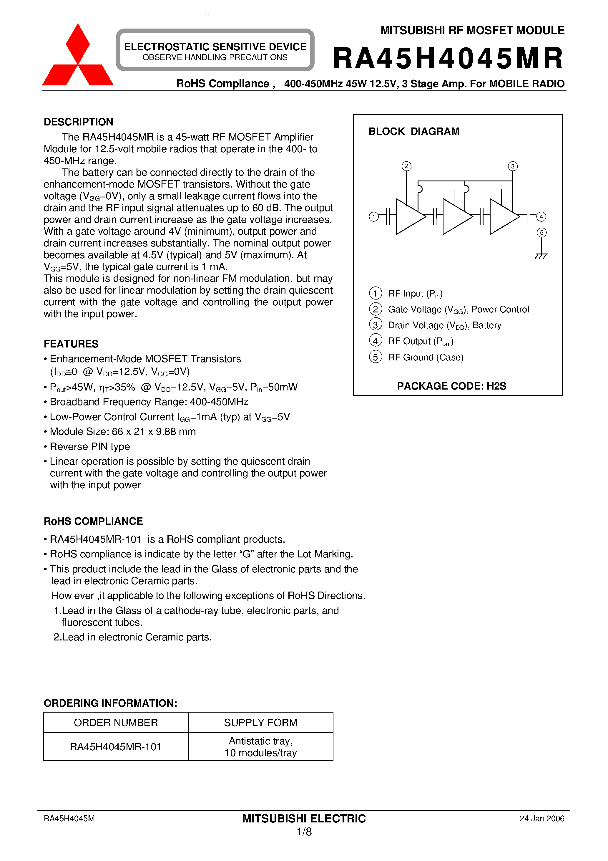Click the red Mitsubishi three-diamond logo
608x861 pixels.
(x=78, y=56)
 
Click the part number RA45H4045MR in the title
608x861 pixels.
(x=448, y=59)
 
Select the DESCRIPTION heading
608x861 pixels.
(x=78, y=122)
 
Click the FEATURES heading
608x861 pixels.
(x=71, y=344)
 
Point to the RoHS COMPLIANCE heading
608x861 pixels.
(x=93, y=521)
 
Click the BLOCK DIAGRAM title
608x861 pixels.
(x=414, y=131)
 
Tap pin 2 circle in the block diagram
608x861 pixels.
(x=406, y=166)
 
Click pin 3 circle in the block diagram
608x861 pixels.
(x=512, y=166)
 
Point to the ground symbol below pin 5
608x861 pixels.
(x=541, y=256)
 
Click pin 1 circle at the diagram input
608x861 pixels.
(x=373, y=217)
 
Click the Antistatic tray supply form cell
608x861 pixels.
(x=260, y=747)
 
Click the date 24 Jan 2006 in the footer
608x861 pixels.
(x=541, y=819)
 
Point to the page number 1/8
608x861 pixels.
(x=304, y=832)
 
